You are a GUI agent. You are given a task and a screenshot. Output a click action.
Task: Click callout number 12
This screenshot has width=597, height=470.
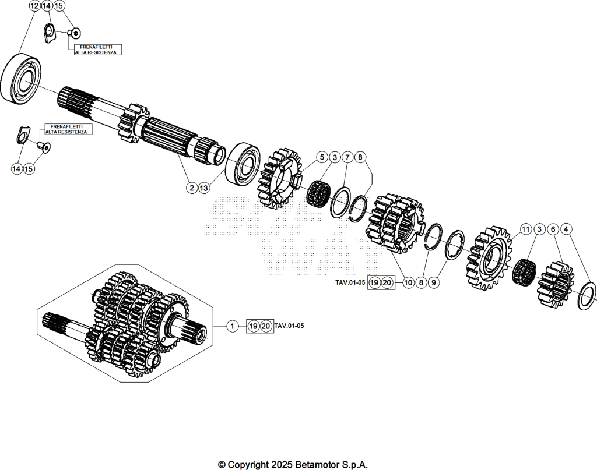point(34,6)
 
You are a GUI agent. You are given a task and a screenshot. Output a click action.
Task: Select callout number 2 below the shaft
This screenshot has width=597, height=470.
point(192,188)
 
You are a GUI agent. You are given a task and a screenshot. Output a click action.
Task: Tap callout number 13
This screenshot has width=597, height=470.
point(204,188)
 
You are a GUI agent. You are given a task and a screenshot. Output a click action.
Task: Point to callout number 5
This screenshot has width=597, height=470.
point(322,157)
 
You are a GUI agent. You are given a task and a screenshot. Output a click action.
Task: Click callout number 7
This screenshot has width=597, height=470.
point(347,157)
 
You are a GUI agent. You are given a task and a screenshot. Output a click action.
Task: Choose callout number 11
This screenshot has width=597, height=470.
point(526,229)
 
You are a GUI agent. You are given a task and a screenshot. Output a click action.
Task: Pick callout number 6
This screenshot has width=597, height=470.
point(553,229)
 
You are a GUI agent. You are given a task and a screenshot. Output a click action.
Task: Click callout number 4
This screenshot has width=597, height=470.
point(566,229)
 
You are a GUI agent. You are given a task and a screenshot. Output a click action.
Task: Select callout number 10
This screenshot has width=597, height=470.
point(408,282)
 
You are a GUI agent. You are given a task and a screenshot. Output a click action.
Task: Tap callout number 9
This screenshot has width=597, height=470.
point(433,282)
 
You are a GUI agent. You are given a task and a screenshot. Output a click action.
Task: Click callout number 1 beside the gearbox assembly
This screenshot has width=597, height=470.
point(232,326)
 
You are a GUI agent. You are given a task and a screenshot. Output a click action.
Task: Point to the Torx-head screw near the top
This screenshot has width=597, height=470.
point(75,33)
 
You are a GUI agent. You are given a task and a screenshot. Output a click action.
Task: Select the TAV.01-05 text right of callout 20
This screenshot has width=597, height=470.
point(289,326)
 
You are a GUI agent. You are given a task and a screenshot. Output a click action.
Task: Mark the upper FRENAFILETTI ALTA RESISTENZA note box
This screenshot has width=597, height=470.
point(98,50)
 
